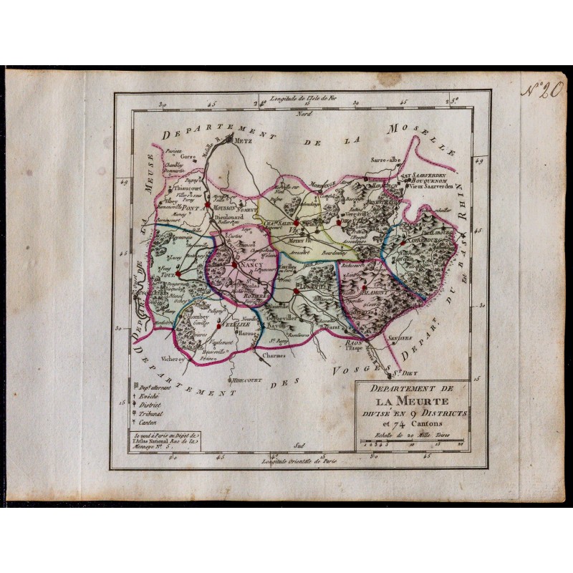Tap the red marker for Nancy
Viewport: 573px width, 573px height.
click(234, 265)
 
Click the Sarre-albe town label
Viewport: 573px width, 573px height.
click(386, 161)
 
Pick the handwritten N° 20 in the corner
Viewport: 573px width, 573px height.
click(540, 91)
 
